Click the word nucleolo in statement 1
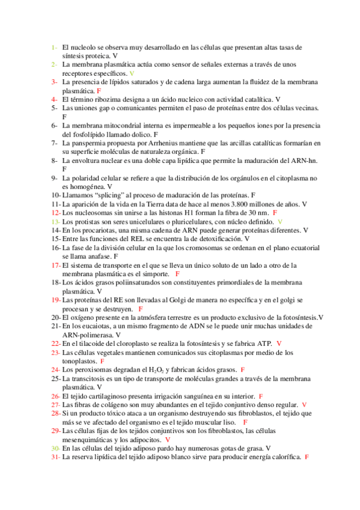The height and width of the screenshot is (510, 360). tap(84, 46)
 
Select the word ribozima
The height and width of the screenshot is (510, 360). tap(114, 99)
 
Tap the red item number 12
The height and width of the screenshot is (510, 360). tap(55, 213)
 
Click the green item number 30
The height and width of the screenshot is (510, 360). tap(55, 448)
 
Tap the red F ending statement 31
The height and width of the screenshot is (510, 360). tap(307, 457)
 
